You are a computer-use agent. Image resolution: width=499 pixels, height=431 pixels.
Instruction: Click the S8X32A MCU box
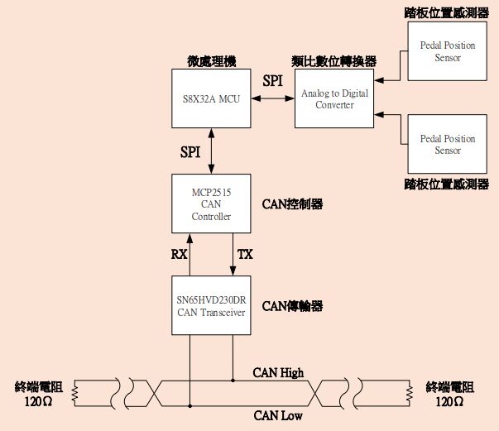click(210, 99)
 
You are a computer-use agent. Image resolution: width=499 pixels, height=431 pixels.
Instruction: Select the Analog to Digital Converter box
click(334, 99)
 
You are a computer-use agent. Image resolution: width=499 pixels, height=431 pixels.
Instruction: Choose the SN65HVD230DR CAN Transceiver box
click(211, 306)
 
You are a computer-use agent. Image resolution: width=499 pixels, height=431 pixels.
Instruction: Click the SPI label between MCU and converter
click(272, 81)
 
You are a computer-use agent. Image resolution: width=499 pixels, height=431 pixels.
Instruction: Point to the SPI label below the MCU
click(190, 151)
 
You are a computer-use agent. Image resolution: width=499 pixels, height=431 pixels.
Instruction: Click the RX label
click(180, 254)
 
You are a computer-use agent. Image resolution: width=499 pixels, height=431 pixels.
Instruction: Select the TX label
click(245, 254)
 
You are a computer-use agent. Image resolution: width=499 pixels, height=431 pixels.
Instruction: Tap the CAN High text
click(278, 372)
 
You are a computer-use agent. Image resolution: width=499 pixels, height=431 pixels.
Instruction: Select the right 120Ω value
click(449, 401)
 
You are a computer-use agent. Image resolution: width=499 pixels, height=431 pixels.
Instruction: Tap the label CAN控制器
click(292, 204)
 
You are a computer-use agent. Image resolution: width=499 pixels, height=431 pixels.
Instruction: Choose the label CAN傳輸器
click(292, 306)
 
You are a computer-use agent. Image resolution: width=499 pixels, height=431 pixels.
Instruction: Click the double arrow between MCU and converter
click(273, 99)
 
